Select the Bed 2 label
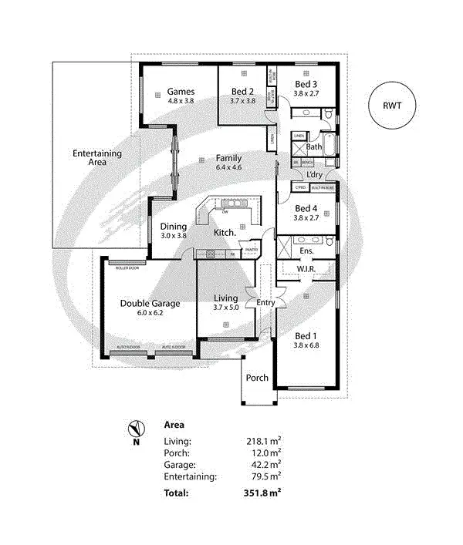242,92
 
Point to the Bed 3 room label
305,84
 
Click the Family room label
228,158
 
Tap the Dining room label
173,227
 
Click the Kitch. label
225,232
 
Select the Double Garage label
150,303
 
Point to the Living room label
225,298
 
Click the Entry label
265,303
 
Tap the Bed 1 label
306,335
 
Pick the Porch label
257,378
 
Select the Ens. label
306,251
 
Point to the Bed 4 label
306,209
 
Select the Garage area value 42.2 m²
263,465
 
